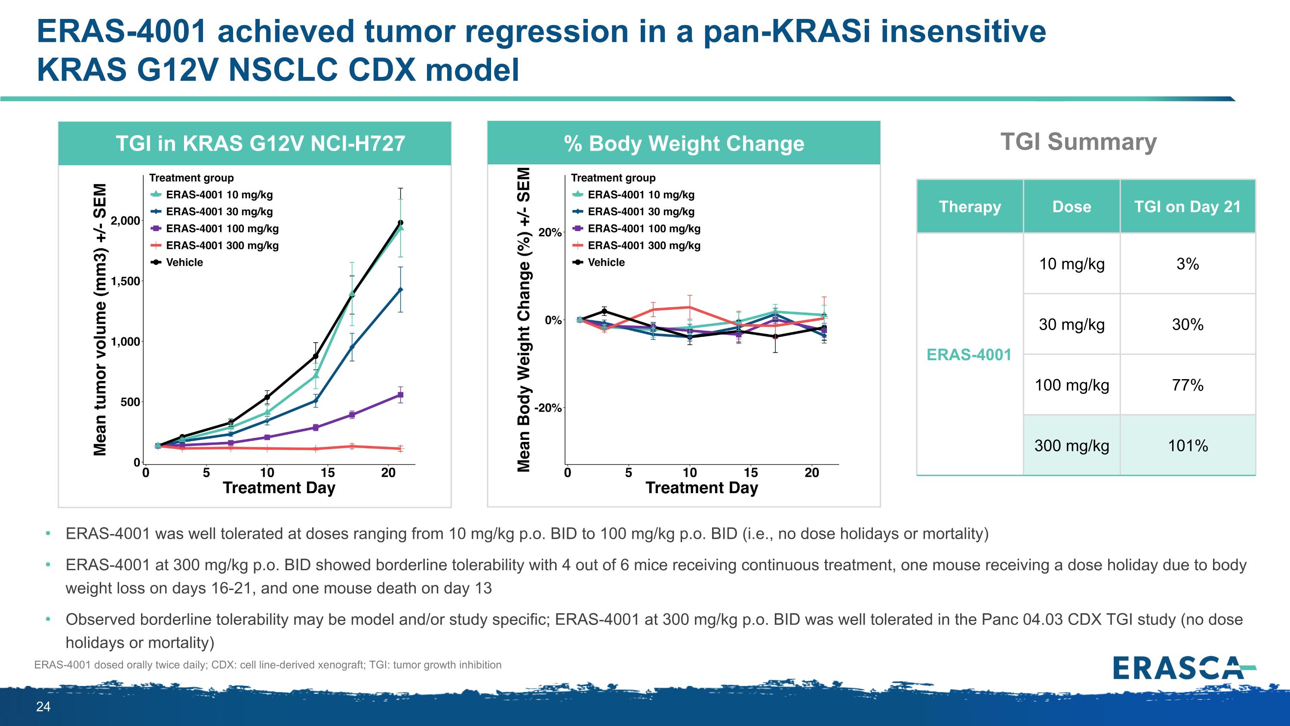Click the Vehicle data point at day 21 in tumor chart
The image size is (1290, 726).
click(x=400, y=222)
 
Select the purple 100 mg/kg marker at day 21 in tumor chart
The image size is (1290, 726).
click(x=400, y=395)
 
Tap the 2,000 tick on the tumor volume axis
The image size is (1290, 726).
click(x=125, y=220)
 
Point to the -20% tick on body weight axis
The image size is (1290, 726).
click(x=548, y=408)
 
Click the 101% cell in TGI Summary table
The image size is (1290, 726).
click(x=1187, y=445)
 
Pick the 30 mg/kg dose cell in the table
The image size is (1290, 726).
click(x=1072, y=324)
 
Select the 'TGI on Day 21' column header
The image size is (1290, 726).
click(x=1187, y=207)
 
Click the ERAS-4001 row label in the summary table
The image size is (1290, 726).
click(x=969, y=355)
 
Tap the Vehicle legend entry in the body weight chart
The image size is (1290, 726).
click(x=606, y=262)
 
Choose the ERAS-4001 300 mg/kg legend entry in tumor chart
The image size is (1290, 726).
click(x=222, y=245)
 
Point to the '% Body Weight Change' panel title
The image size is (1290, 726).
click(x=684, y=143)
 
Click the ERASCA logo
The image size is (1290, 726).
click(x=1184, y=668)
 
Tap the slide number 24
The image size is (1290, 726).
click(x=43, y=707)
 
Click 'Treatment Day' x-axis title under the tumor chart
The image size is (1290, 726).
click(x=279, y=488)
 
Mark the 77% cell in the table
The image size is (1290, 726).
click(x=1187, y=385)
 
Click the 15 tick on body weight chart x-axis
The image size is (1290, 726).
click(x=750, y=473)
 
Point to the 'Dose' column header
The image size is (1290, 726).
click(x=1072, y=207)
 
